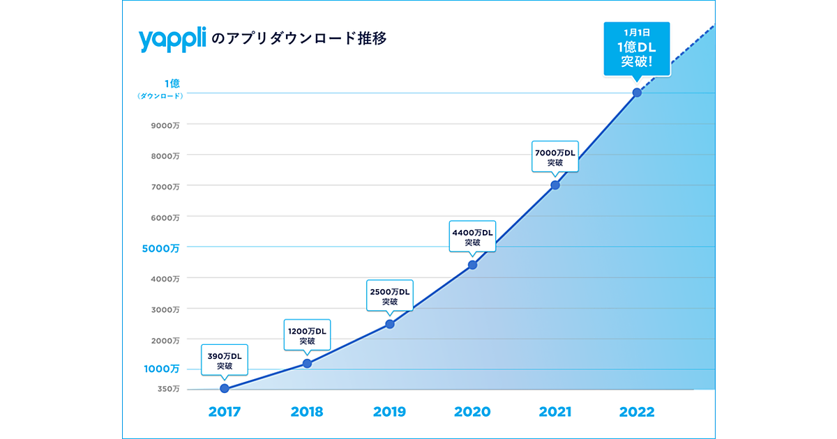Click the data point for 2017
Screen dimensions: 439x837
coord(224,388)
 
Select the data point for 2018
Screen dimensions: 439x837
coord(307,363)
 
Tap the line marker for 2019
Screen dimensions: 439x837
coord(390,324)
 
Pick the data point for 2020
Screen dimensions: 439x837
coord(472,265)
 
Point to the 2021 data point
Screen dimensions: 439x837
coord(555,185)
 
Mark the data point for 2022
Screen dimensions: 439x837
coord(637,93)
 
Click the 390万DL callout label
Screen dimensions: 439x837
coord(225,360)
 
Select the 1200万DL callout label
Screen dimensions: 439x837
coord(307,336)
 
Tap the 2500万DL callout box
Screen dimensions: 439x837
coord(390,296)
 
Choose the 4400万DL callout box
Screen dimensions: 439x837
coord(472,237)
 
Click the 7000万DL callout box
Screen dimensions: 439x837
coord(555,157)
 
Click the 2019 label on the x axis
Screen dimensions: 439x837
coord(390,412)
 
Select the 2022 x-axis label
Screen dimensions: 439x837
coord(637,412)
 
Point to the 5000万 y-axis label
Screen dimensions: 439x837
coord(162,247)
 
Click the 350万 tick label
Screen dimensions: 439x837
coord(168,389)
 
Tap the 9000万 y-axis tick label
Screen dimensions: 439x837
coord(166,125)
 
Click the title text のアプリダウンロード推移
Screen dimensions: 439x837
coord(299,39)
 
